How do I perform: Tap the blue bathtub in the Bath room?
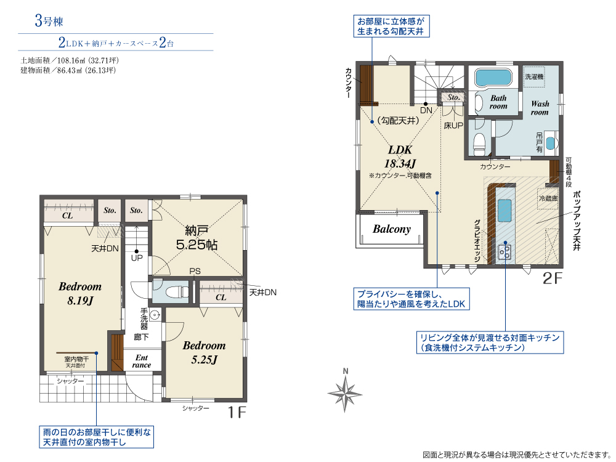tap(493, 78)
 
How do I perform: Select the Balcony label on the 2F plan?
tap(392, 229)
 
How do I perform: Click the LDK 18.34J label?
tap(400, 156)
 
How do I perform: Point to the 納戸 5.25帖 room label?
tap(197, 238)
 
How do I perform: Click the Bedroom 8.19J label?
tap(80, 293)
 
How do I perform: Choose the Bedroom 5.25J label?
tap(205, 352)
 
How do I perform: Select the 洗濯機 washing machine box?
tap(534, 76)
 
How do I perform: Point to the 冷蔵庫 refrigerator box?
tap(548, 198)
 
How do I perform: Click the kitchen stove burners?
tap(505, 251)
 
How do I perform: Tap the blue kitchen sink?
tap(505, 211)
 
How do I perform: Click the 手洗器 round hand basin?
tap(156, 315)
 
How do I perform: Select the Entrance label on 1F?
tap(142, 361)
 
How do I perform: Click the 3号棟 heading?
tap(49, 20)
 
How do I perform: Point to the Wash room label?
tap(540, 108)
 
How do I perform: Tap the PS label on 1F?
tap(195, 271)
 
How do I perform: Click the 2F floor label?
tap(553, 278)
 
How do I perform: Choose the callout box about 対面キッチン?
tap(490, 342)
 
